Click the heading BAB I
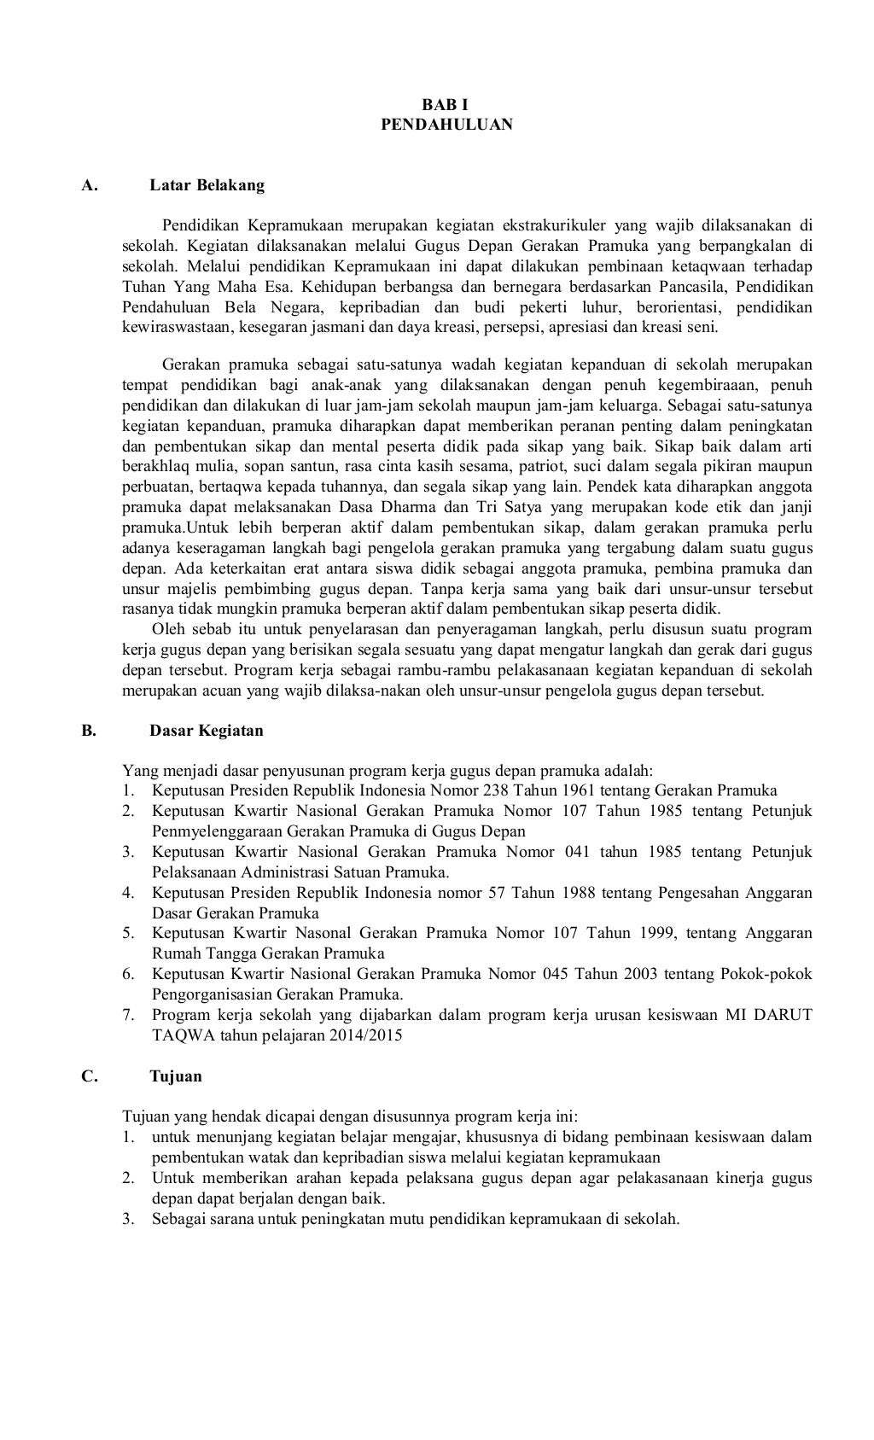click(446, 105)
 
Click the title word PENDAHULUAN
click(446, 125)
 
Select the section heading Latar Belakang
click(207, 184)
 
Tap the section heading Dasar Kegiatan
click(207, 731)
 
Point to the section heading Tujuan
click(176, 1076)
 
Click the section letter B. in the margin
click(88, 731)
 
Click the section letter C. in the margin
click(89, 1076)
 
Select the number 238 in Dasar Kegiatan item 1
click(495, 790)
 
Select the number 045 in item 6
click(554, 974)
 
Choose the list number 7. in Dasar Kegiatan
click(129, 1015)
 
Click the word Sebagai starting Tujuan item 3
click(178, 1219)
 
